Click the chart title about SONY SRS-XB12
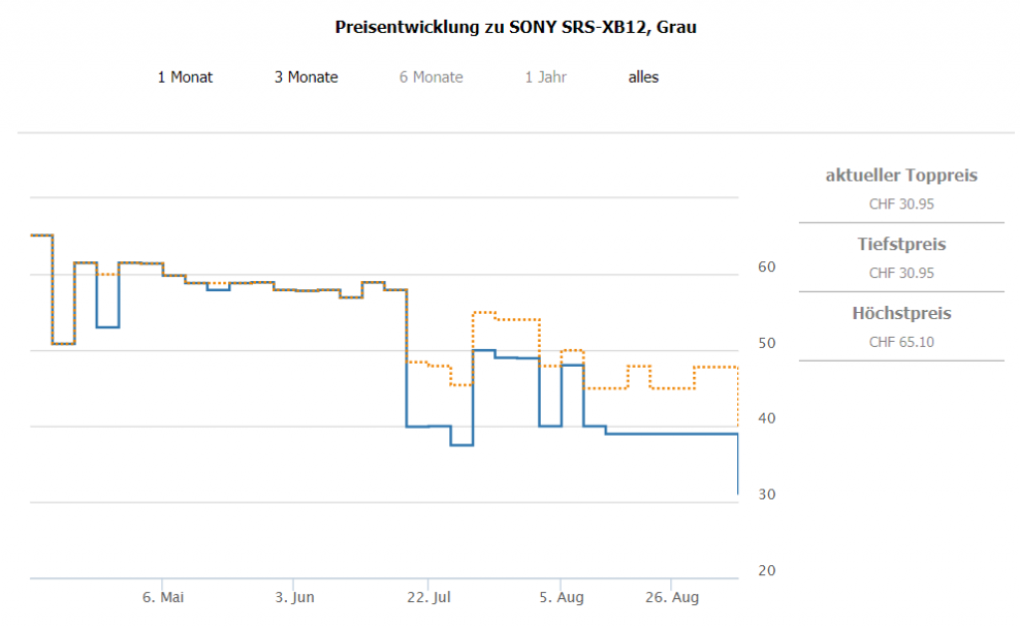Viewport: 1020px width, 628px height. click(516, 27)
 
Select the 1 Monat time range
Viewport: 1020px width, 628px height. click(185, 77)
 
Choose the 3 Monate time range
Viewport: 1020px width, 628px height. click(306, 77)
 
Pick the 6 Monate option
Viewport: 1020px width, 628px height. click(431, 77)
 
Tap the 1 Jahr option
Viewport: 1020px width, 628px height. click(546, 77)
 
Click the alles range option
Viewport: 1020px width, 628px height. click(643, 77)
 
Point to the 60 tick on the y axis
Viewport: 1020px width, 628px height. click(767, 267)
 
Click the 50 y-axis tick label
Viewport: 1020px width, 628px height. click(767, 343)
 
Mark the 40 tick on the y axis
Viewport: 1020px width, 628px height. click(767, 419)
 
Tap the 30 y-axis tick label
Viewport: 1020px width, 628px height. click(767, 494)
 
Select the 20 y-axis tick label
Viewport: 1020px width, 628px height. click(767, 570)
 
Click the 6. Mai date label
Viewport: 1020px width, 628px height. click(163, 597)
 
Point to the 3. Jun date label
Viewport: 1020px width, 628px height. click(295, 597)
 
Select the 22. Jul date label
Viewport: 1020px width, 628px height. click(429, 597)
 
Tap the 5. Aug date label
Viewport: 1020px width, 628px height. click(562, 597)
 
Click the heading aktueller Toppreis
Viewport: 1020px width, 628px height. click(901, 175)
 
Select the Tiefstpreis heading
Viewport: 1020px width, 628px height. click(901, 244)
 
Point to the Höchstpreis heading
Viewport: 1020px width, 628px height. click(901, 313)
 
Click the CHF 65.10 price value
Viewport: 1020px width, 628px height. click(901, 342)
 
